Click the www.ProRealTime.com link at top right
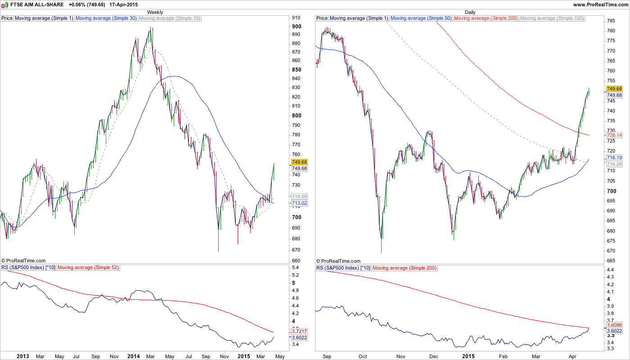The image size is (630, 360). coord(600,4)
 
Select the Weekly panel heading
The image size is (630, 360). coord(155,12)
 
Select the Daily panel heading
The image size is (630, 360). coord(470,12)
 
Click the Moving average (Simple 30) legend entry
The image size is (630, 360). coord(106,18)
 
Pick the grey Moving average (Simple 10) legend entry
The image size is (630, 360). coord(170,18)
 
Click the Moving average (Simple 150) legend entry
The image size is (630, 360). coord(552,18)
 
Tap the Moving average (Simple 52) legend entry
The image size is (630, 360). coord(88,268)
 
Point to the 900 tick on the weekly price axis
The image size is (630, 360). coord(296,26)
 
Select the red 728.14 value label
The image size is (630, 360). coord(614,135)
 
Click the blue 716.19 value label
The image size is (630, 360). coord(614,158)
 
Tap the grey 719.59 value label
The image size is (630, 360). coord(299,197)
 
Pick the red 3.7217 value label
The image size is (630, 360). coord(300,331)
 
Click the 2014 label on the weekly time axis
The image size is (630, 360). coord(134,356)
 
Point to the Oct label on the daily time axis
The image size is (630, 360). coord(363,356)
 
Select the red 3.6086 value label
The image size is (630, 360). coord(614,325)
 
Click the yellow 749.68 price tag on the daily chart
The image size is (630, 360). coord(614,89)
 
